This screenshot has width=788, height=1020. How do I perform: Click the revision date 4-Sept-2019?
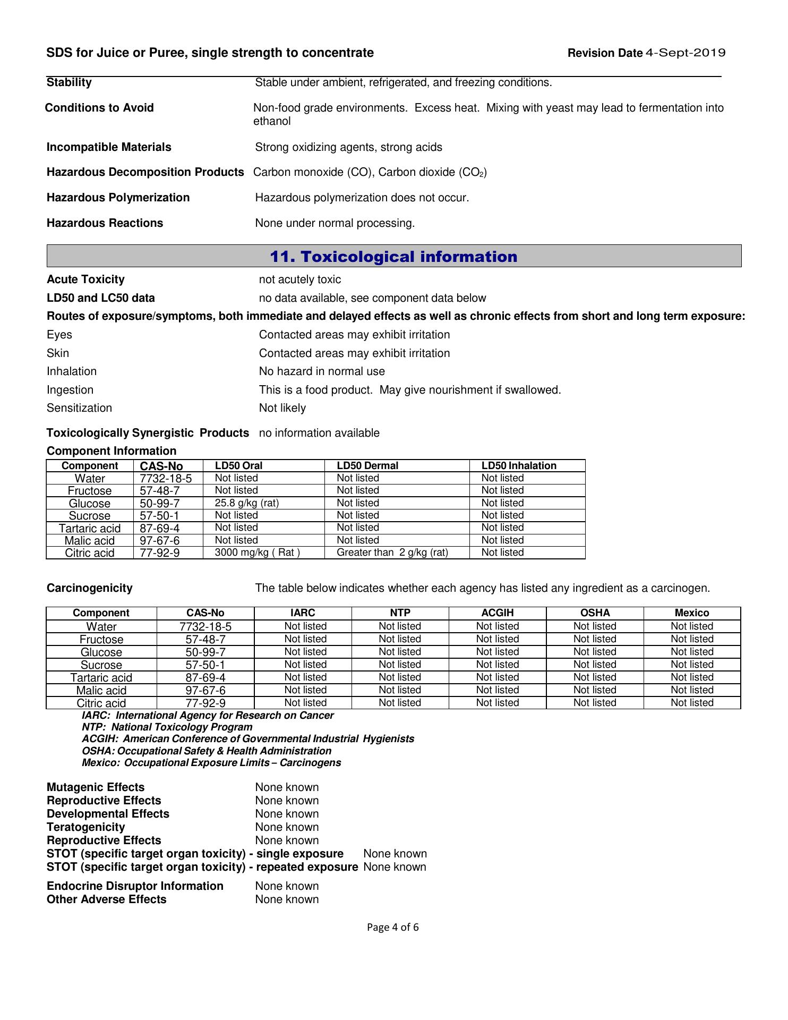click(685, 53)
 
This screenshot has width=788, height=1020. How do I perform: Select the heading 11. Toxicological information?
click(393, 257)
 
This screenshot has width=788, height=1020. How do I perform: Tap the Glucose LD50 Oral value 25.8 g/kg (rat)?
click(246, 503)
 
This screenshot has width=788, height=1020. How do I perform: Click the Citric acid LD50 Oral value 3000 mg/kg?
click(257, 552)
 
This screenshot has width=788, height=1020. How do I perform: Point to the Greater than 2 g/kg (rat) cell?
click(392, 552)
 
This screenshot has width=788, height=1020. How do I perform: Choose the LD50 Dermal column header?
click(367, 465)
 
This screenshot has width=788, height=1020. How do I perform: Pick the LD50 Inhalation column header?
click(519, 465)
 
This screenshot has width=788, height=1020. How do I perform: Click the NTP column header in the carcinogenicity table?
click(400, 613)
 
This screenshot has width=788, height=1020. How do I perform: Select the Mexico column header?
click(692, 613)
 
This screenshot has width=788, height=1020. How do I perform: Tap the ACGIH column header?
click(498, 613)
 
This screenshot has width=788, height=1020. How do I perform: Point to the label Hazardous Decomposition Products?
click(145, 172)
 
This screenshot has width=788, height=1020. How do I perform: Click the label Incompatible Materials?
click(109, 147)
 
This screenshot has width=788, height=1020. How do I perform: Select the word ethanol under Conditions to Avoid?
click(272, 121)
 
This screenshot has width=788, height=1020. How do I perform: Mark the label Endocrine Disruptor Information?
click(135, 886)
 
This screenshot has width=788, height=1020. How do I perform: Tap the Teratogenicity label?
click(85, 827)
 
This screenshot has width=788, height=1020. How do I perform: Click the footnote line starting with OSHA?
click(206, 751)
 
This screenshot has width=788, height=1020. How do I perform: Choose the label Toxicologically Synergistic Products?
click(148, 433)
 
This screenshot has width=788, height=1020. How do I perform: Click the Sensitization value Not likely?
click(282, 408)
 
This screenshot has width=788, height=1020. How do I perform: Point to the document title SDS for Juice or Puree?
click(210, 53)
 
